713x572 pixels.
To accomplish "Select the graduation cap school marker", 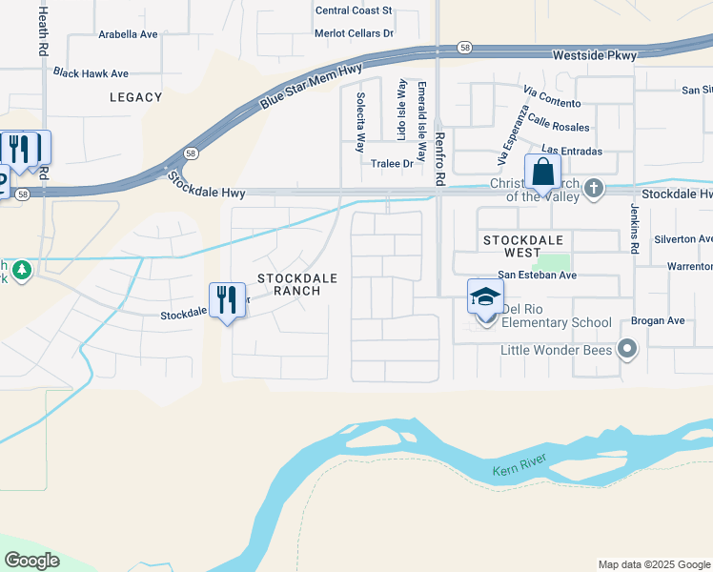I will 485,297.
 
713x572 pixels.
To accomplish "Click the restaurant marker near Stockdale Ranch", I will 227,301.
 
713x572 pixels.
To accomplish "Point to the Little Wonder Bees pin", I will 627,350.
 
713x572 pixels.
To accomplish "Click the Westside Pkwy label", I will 594,56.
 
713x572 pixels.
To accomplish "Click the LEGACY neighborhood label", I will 136,97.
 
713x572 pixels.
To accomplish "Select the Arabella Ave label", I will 128,34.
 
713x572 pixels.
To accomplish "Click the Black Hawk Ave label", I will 91,72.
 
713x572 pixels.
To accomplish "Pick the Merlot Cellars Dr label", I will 354,33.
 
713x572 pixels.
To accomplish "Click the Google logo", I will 31,561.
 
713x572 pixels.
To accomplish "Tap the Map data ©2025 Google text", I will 653,564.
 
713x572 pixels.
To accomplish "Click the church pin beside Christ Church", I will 594,188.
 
